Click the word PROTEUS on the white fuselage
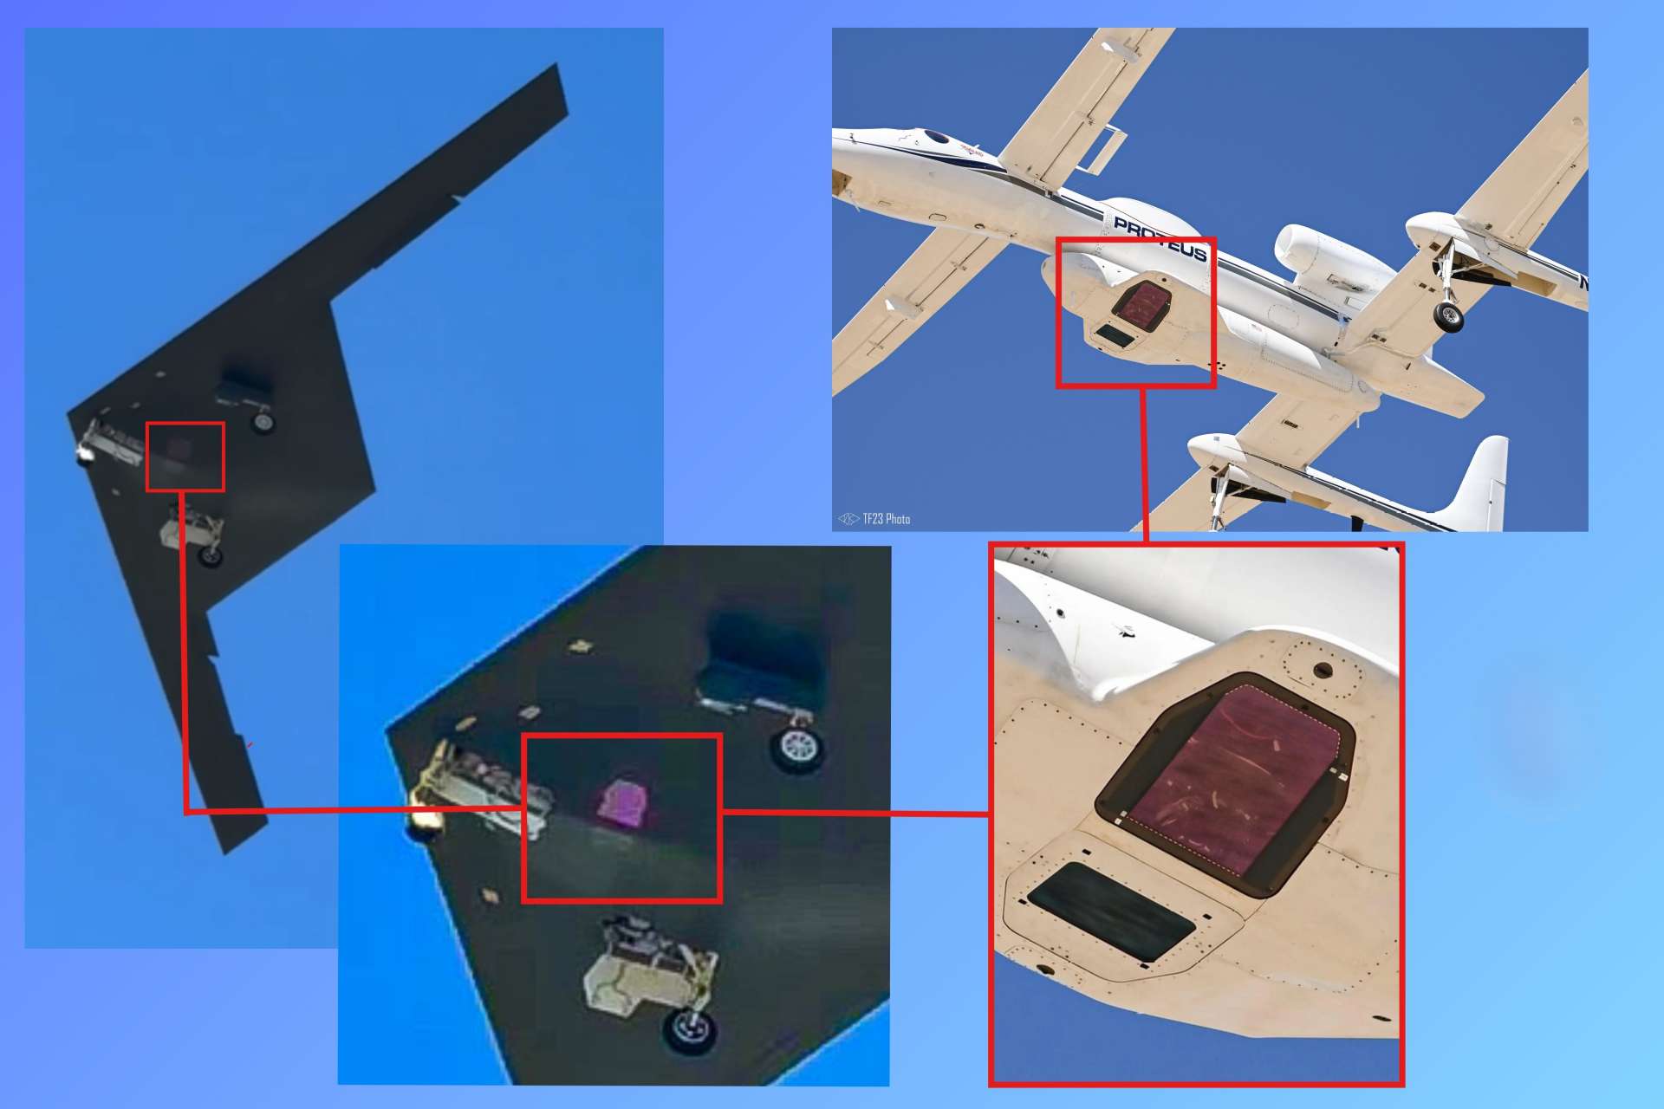[x=1160, y=238]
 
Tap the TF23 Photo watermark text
[x=885, y=519]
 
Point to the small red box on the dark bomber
[x=185, y=457]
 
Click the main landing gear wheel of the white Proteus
[x=1447, y=316]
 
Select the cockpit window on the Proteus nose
[x=937, y=137]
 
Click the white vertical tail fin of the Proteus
[x=1483, y=481]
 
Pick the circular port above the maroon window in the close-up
[x=1323, y=670]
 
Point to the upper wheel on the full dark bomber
[x=262, y=422]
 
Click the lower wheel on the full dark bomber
[x=211, y=555]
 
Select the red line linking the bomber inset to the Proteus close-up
[x=854, y=813]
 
